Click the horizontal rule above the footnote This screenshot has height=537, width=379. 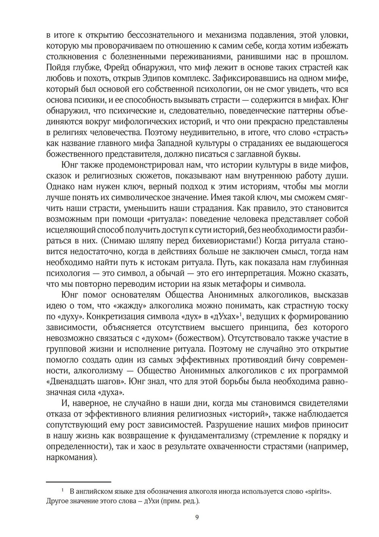click(78, 482)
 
